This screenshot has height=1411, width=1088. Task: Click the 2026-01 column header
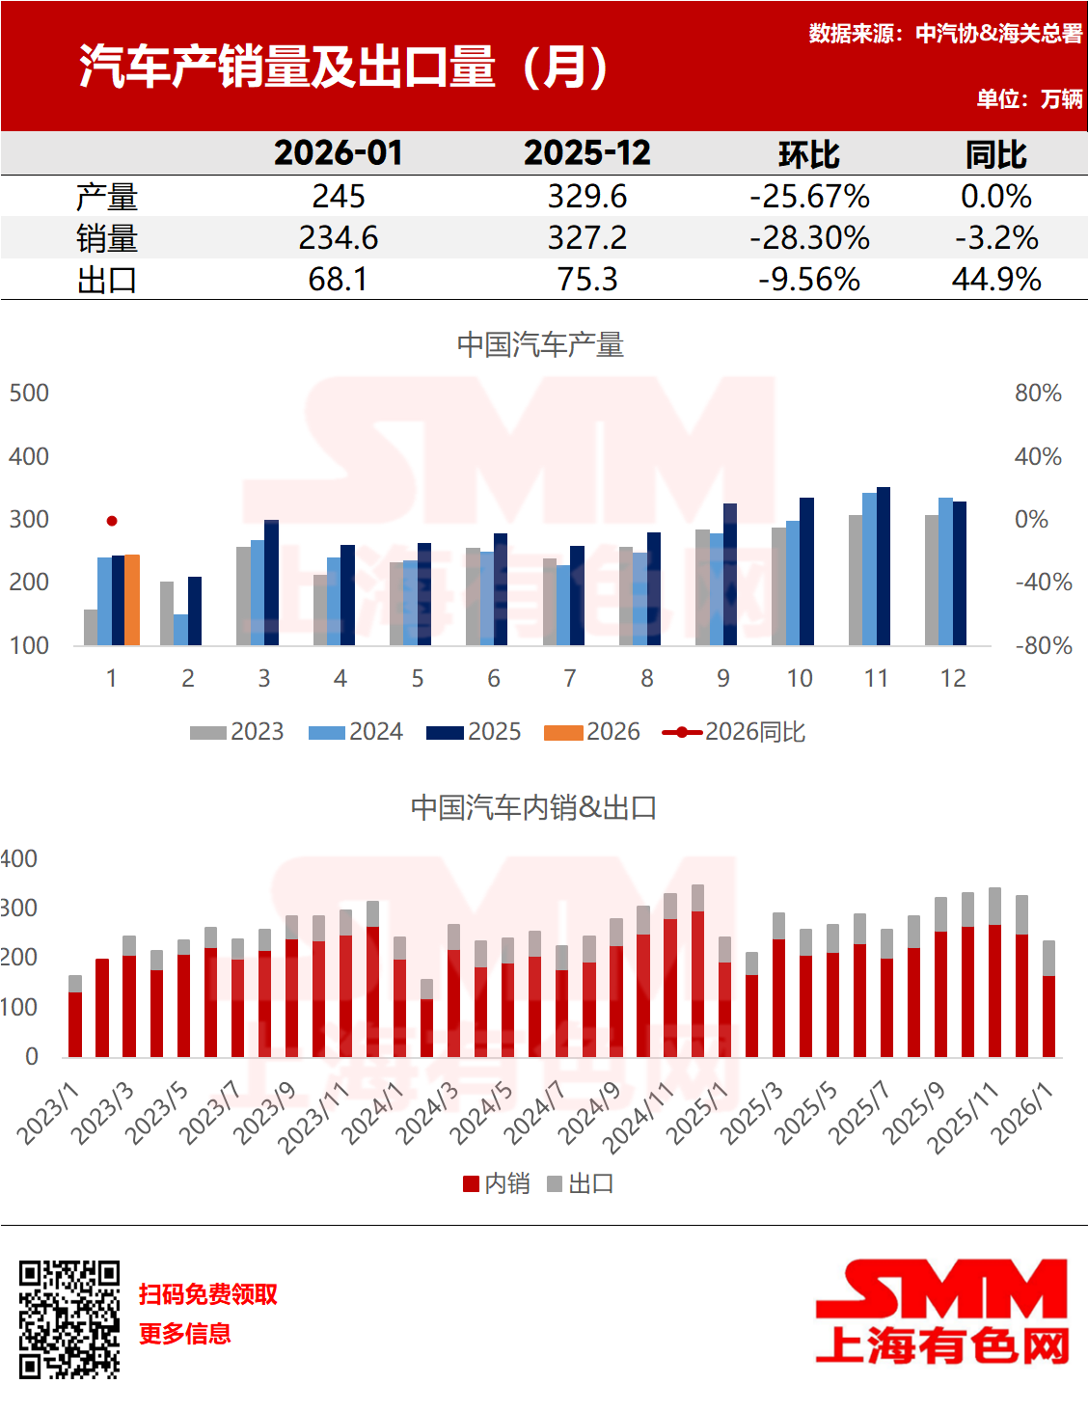point(338,153)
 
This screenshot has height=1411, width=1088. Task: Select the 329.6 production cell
point(586,197)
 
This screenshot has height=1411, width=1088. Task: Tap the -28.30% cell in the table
point(809,238)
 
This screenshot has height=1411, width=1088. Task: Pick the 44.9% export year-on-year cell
point(995,280)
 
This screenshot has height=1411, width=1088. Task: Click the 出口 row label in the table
point(106,280)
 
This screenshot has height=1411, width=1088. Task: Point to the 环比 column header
point(808,154)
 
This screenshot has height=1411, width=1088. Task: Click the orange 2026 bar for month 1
point(133,600)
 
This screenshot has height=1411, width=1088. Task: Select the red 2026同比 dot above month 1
point(112,521)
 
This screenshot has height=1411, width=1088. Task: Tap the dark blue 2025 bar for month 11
point(884,567)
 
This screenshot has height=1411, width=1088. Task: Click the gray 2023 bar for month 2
point(167,613)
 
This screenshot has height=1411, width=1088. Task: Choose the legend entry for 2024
point(355,732)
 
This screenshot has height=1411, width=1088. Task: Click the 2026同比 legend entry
point(734,732)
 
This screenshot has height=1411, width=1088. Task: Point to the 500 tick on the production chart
point(29,393)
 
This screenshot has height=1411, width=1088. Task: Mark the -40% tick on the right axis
point(1043,583)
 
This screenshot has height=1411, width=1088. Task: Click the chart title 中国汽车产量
point(540,345)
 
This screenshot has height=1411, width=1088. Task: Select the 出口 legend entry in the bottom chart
point(581,1183)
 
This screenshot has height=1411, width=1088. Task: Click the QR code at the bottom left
point(69,1318)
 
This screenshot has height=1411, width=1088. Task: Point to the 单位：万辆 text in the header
point(1028,99)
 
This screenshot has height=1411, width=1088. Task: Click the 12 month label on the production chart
point(953,679)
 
